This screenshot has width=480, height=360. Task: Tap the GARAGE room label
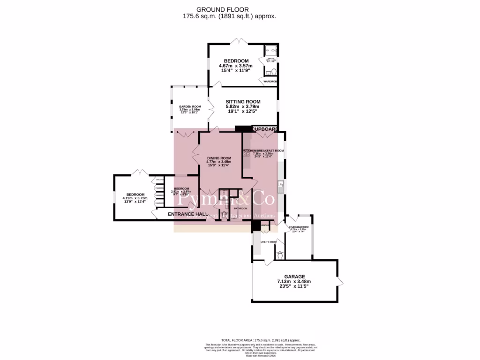(x=294, y=277)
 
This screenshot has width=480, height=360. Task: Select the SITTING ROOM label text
(x=243, y=102)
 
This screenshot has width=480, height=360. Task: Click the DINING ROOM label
(x=219, y=158)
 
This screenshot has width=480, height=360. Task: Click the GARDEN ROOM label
(x=190, y=107)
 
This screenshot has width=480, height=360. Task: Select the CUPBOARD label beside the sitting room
(x=265, y=129)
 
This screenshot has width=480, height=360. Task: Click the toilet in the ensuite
(x=269, y=73)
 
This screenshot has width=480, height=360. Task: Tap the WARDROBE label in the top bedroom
(x=270, y=82)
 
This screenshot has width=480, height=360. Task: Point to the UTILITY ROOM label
(x=269, y=242)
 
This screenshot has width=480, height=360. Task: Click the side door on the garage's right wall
(x=340, y=282)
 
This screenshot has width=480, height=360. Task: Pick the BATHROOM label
(x=240, y=208)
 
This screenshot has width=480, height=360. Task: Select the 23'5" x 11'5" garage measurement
(x=294, y=286)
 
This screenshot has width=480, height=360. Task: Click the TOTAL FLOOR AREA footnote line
(x=261, y=340)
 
